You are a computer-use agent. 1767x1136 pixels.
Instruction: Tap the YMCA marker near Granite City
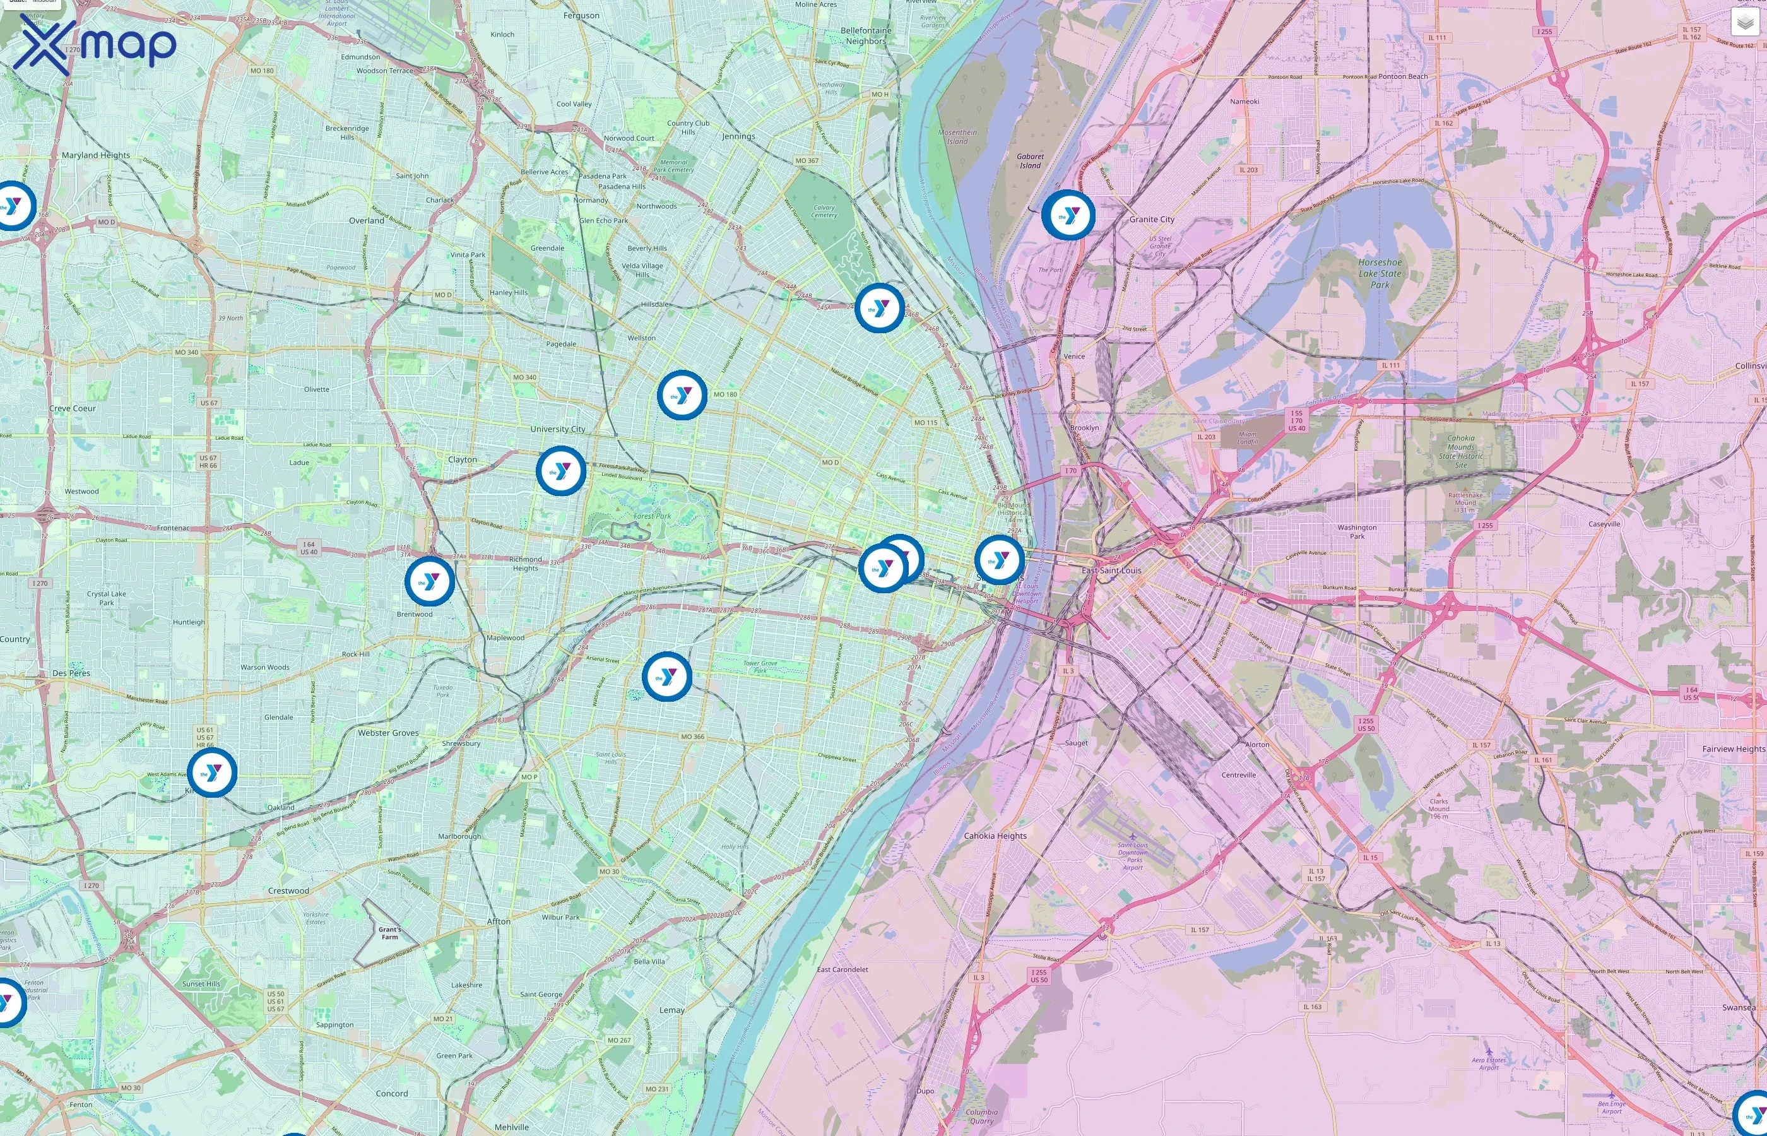point(1067,215)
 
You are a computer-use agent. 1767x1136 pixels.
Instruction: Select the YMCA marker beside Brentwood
point(429,581)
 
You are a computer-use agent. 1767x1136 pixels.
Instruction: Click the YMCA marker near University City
point(561,471)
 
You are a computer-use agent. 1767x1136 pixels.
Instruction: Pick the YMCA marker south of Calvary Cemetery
point(879,307)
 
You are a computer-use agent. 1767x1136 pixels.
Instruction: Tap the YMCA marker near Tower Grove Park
point(666,677)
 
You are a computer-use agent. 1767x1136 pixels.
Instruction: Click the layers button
point(1745,22)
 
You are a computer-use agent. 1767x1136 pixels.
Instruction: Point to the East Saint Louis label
point(1111,571)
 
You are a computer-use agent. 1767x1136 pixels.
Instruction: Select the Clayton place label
point(463,459)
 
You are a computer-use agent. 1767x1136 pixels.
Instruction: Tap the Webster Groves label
point(388,733)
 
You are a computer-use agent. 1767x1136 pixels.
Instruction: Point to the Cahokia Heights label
point(995,836)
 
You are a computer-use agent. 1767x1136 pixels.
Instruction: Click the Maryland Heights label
point(96,156)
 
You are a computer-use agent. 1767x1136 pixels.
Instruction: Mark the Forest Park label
point(652,516)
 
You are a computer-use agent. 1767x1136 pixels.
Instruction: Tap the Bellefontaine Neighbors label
point(866,36)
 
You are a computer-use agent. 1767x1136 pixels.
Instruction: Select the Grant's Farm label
point(389,933)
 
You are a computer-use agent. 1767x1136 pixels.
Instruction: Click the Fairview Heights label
point(1733,748)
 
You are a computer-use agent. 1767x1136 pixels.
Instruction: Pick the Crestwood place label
point(288,891)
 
